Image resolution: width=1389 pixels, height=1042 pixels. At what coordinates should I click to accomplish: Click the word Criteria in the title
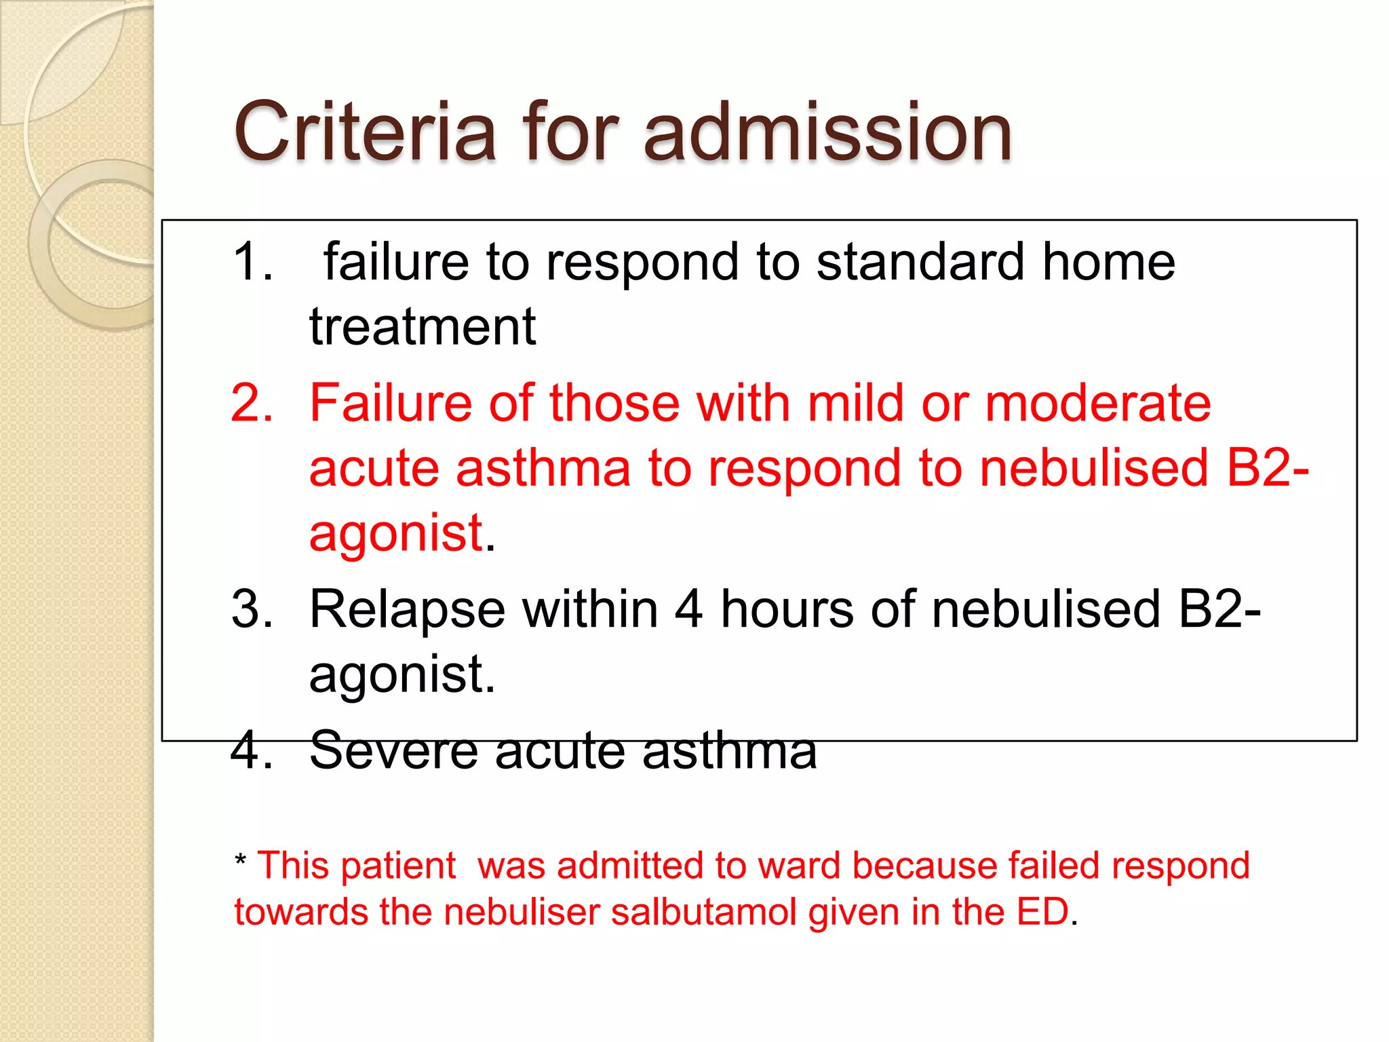click(365, 132)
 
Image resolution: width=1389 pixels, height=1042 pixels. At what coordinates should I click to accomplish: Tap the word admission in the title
click(827, 132)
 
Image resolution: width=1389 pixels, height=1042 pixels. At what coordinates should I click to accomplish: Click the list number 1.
click(252, 262)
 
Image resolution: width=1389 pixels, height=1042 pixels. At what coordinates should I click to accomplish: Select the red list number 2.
click(252, 403)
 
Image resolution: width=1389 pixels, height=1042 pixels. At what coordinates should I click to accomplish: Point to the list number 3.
click(252, 609)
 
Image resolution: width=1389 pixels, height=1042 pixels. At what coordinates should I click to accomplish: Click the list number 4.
click(252, 750)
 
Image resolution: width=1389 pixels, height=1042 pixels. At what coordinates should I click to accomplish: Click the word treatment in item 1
click(423, 327)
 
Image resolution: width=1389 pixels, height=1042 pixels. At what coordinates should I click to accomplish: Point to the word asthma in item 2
click(543, 468)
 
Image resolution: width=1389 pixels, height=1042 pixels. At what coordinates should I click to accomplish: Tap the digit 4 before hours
click(688, 609)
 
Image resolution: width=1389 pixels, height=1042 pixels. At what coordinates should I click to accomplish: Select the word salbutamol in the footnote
click(703, 912)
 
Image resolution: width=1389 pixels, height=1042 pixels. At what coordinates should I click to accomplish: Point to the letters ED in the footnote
click(1042, 912)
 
